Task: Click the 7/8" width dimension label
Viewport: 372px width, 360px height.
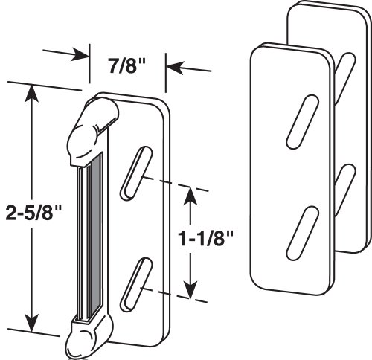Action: click(127, 66)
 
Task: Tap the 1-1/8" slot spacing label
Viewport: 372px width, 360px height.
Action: click(206, 239)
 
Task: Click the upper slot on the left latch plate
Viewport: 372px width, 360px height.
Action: click(135, 173)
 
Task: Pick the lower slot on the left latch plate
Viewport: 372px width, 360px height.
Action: click(135, 283)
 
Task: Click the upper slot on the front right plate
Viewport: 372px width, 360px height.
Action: click(303, 121)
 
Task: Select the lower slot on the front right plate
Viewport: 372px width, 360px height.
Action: click(303, 233)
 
